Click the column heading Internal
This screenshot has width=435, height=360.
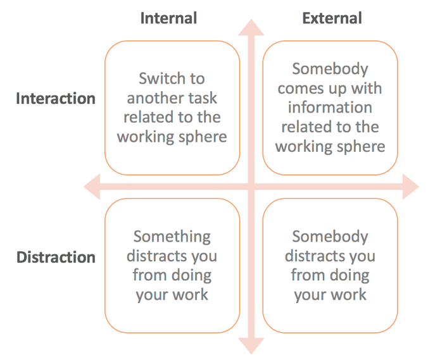coord(168,18)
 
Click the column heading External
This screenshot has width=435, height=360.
coord(332,18)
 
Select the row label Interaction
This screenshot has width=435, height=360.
coord(56,99)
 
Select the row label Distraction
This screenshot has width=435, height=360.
coord(56,258)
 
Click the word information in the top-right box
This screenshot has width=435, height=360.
coord(330,107)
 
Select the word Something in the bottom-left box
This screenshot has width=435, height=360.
coord(172,237)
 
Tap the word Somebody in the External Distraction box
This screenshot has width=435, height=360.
coord(330,237)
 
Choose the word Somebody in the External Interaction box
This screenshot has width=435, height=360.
coord(330,68)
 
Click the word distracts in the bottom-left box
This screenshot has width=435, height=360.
coord(157,256)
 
